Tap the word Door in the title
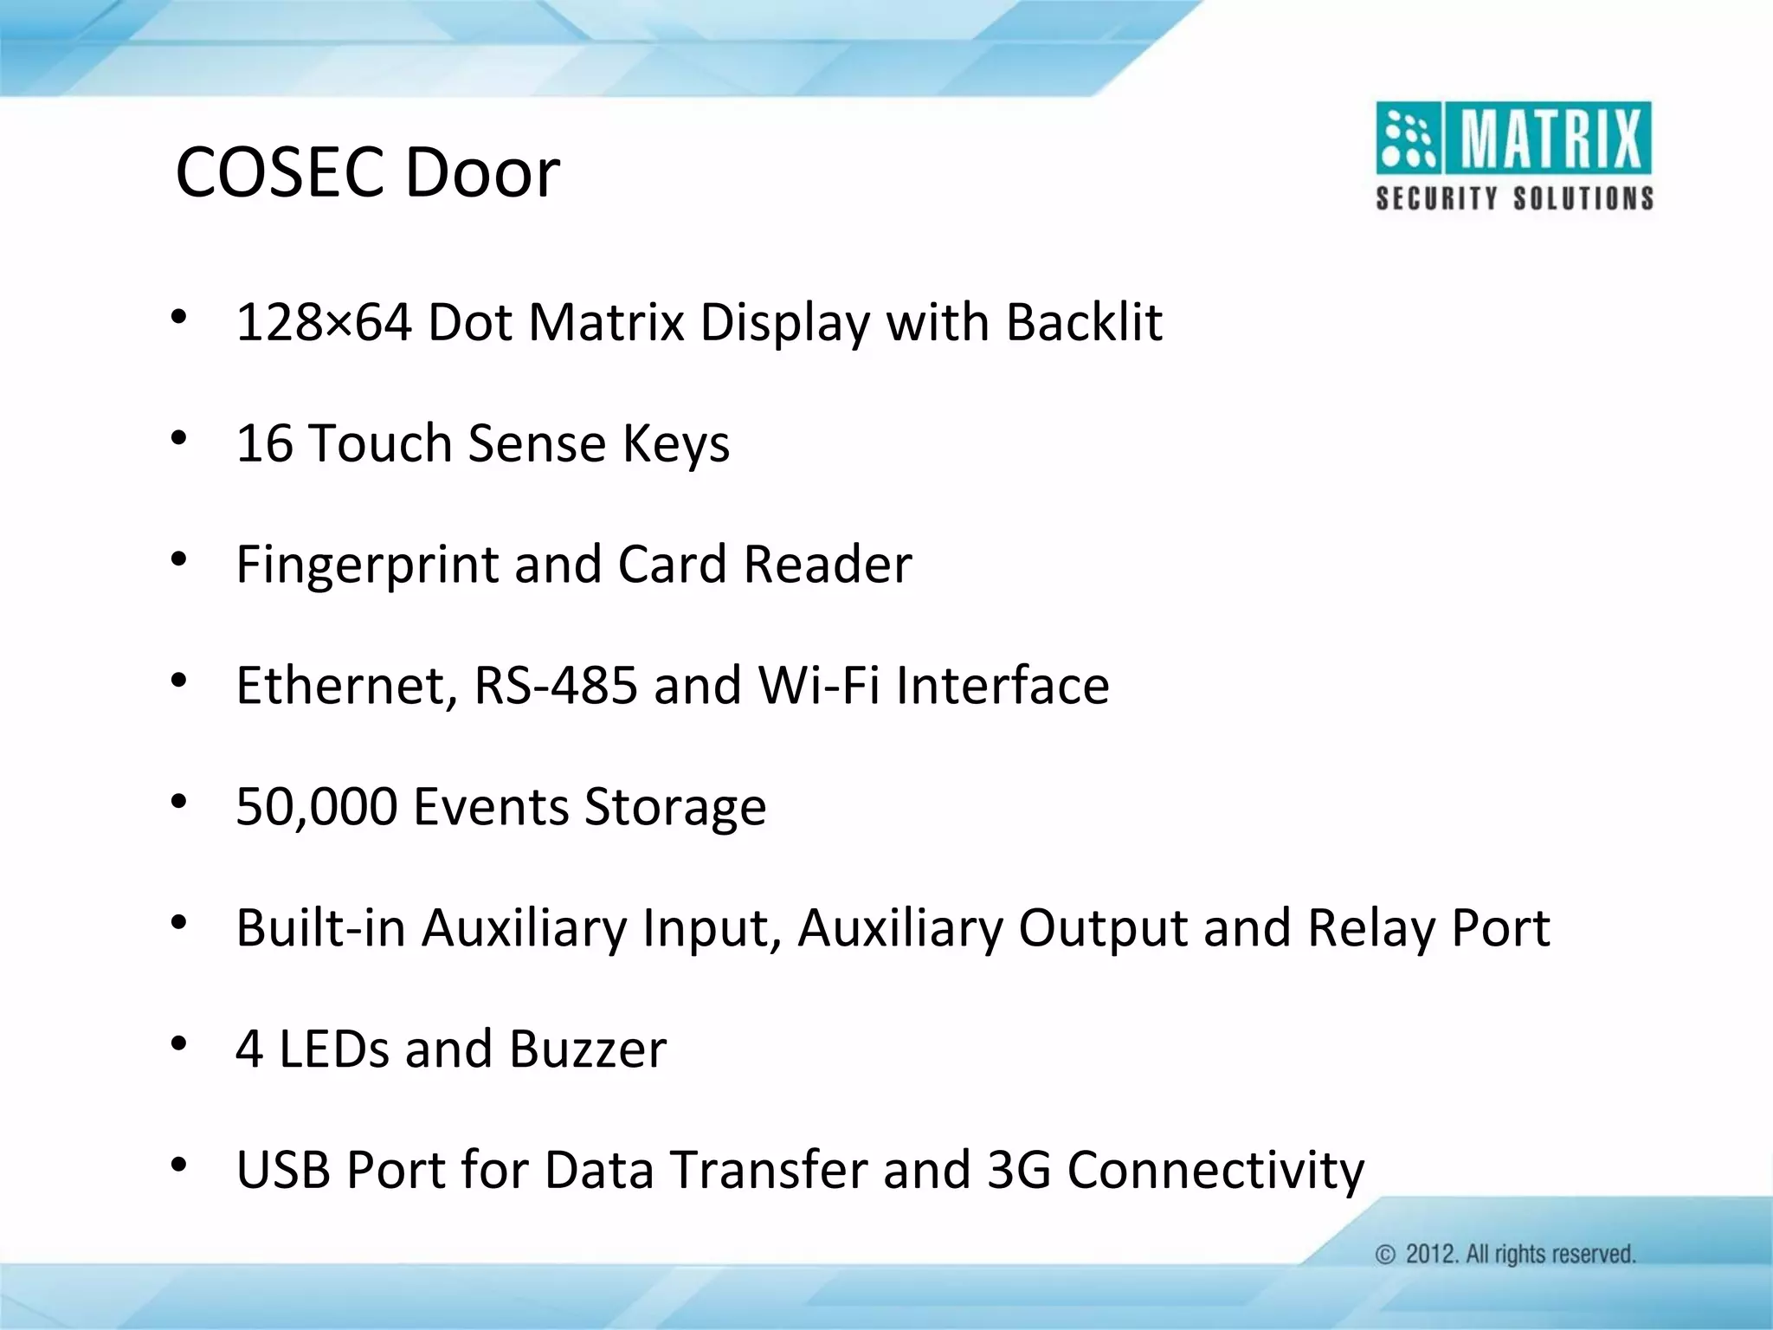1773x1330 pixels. [482, 172]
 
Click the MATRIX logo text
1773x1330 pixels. [1550, 139]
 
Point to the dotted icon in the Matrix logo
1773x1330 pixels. [1408, 139]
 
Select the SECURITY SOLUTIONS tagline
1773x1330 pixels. [1514, 198]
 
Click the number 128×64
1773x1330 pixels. [323, 322]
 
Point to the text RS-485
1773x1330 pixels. [556, 686]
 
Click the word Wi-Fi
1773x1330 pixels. [819, 686]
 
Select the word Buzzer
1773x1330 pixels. [588, 1049]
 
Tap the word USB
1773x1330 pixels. [283, 1170]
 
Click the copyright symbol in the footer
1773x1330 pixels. [1385, 1255]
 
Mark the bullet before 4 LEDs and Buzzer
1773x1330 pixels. [178, 1044]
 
